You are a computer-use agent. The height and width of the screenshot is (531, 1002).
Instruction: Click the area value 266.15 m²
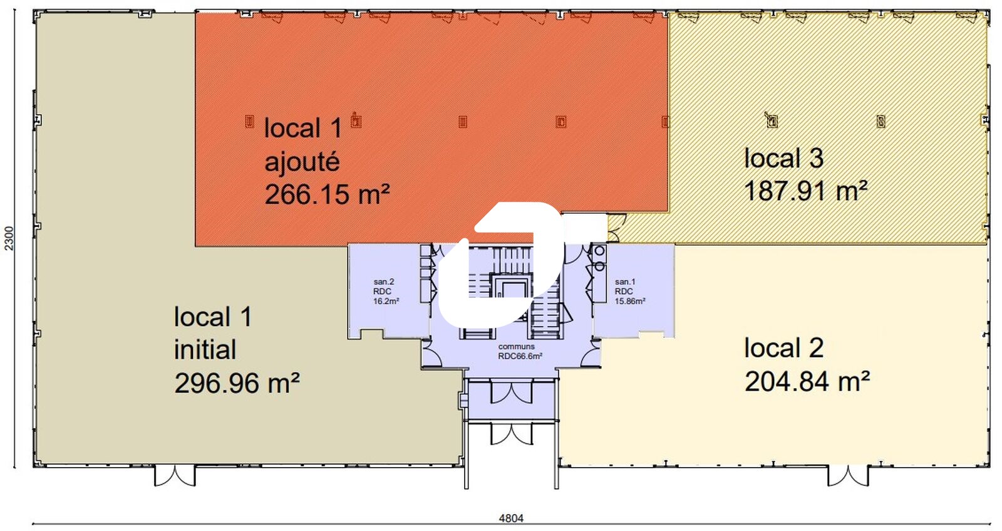pyautogui.click(x=327, y=194)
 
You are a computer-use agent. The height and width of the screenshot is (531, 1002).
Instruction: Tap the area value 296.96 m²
pyautogui.click(x=237, y=383)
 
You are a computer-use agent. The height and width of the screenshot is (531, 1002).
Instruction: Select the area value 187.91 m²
pyautogui.click(x=805, y=191)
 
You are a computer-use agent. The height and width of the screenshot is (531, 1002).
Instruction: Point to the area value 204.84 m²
pyautogui.click(x=807, y=381)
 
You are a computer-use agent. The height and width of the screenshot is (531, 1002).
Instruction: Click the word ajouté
pyautogui.click(x=302, y=162)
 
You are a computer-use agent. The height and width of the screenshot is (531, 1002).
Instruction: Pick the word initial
pyautogui.click(x=205, y=350)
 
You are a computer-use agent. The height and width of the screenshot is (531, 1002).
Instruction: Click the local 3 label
pyautogui.click(x=783, y=158)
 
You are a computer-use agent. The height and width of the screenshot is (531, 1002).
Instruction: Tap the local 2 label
pyautogui.click(x=783, y=348)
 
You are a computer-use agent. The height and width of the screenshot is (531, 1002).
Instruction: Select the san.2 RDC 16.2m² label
pyautogui.click(x=386, y=292)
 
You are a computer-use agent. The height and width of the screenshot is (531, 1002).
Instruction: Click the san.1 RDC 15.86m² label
pyautogui.click(x=629, y=292)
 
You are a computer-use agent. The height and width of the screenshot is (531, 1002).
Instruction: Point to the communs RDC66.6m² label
pyautogui.click(x=520, y=352)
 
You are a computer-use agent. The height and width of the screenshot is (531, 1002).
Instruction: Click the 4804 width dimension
pyautogui.click(x=511, y=518)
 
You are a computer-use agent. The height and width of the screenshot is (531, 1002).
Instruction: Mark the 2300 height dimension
pyautogui.click(x=9, y=238)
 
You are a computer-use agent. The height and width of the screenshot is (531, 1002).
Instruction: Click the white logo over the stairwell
pyautogui.click(x=501, y=264)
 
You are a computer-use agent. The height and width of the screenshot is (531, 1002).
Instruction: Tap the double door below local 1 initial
pyautogui.click(x=175, y=476)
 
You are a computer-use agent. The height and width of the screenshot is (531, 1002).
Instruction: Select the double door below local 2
pyautogui.click(x=848, y=476)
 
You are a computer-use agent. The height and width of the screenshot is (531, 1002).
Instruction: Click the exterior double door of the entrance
pyautogui.click(x=512, y=434)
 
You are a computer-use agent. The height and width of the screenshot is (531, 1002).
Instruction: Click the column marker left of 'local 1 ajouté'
pyautogui.click(x=250, y=121)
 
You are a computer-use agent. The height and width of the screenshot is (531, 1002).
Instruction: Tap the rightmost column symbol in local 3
pyautogui.click(x=881, y=121)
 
